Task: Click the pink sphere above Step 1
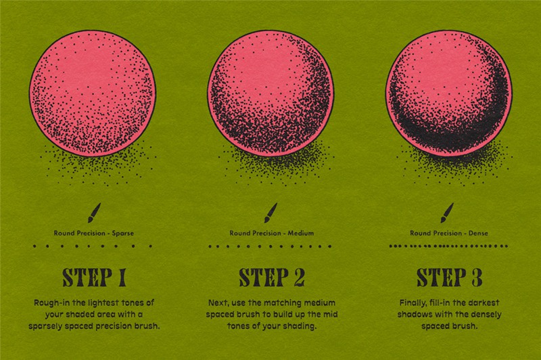(93, 93)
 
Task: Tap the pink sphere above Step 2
(270, 93)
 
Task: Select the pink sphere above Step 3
(449, 93)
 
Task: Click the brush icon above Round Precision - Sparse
(94, 212)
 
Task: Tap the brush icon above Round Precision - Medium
(271, 212)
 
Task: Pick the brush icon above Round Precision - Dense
(448, 212)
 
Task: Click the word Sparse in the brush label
(123, 233)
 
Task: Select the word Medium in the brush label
(301, 233)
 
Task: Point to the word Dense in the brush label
(478, 233)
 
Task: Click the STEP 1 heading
(94, 277)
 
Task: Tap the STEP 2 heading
(272, 277)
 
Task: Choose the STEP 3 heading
(449, 277)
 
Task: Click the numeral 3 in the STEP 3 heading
(477, 277)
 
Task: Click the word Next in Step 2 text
(218, 303)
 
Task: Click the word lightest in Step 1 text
(103, 303)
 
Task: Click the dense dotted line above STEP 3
(448, 246)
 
